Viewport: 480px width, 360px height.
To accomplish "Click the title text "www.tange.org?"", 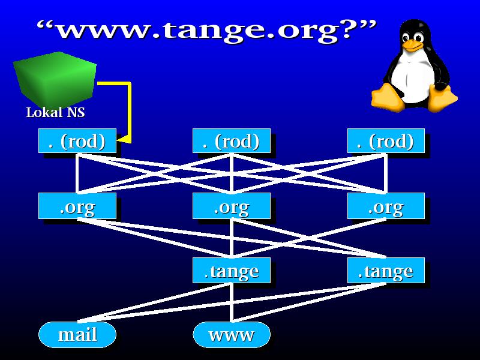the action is [x=206, y=31].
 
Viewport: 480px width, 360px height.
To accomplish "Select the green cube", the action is [x=55, y=79].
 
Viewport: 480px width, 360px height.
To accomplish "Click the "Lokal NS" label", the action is [x=55, y=112].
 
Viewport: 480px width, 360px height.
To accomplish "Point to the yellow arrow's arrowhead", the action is [x=124, y=139].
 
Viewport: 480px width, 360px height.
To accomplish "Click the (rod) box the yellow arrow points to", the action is [x=77, y=141].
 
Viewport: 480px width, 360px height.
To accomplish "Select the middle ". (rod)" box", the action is [x=232, y=141].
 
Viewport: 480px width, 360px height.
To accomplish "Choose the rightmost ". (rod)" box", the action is [x=386, y=141].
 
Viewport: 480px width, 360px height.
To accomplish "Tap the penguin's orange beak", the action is [x=412, y=46].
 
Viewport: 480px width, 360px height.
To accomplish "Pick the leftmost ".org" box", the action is [x=77, y=206].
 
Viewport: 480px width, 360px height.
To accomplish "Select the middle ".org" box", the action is [x=232, y=206].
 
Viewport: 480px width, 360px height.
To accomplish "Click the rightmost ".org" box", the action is [x=386, y=206].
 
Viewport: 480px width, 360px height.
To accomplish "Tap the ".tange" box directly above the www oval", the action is [x=232, y=271].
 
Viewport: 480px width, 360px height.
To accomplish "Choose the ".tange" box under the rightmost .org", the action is [x=386, y=271].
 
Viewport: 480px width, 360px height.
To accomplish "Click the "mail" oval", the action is [x=77, y=335].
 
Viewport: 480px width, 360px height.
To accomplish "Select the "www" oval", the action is [x=232, y=335].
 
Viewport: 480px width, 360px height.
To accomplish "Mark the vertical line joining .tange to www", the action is [x=232, y=302].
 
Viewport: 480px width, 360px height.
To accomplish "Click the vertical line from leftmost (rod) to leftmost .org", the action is [x=77, y=173].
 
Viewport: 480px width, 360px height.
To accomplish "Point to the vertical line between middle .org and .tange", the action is [x=232, y=238].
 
